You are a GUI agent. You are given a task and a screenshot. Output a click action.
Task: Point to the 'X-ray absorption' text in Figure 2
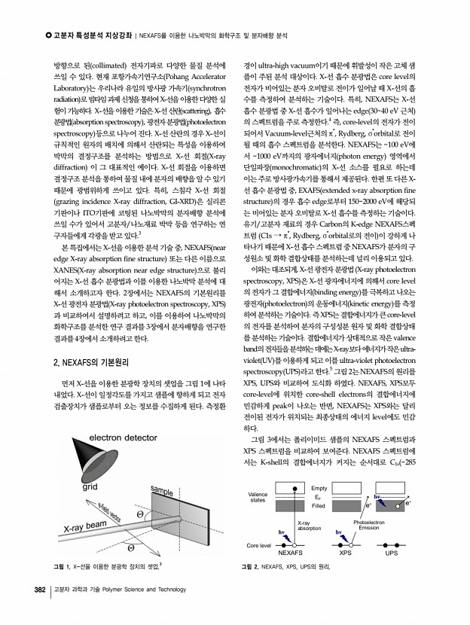click(x=309, y=525)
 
